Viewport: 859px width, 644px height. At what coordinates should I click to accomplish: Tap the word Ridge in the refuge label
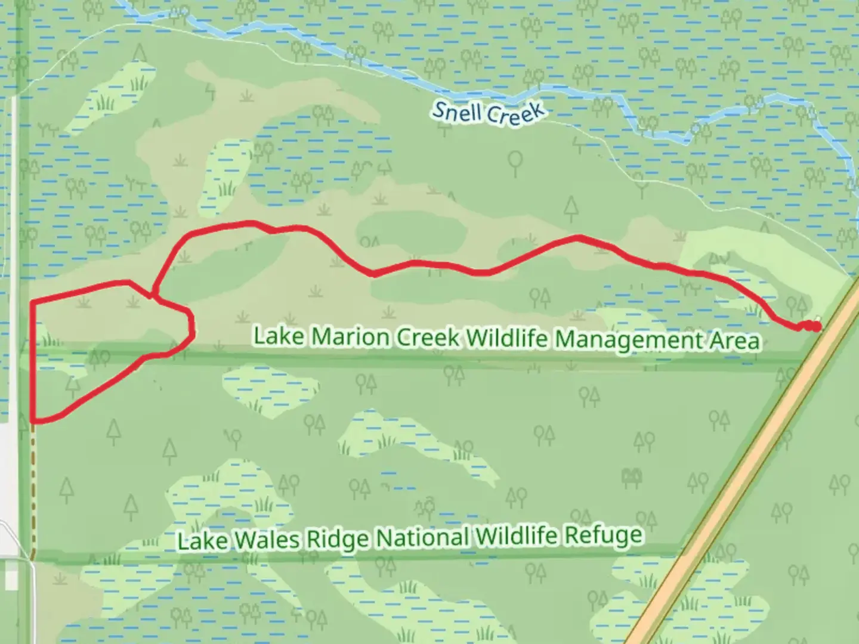pos(339,538)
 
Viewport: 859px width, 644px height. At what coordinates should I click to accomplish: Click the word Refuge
pos(603,535)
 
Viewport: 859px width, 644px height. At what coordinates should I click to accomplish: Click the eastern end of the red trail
pos(816,326)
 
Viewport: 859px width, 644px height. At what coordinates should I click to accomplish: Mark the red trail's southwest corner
pos(33,421)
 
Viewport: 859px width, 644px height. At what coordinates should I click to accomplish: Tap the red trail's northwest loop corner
pos(32,303)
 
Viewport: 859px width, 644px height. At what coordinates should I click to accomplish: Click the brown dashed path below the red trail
pos(33,489)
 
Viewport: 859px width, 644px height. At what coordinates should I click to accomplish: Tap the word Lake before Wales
pos(202,541)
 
